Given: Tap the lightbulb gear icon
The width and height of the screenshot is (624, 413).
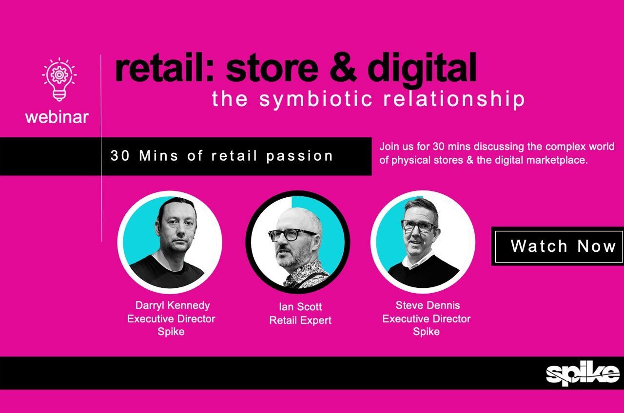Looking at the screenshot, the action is coord(59,79).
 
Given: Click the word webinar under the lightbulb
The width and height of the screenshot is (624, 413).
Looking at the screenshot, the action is coord(57,117).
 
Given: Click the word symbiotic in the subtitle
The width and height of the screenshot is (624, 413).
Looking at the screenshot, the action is coord(316,99).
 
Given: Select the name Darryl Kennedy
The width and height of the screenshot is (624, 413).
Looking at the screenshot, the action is coord(173,305).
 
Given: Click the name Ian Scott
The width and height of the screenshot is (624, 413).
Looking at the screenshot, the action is coord(300,307).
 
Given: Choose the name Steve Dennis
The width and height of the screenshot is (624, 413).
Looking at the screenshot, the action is coord(428,305).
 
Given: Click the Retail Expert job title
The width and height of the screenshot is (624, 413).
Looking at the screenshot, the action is coord(300,320).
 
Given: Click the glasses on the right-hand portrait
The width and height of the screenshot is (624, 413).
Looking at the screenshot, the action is coord(419,226).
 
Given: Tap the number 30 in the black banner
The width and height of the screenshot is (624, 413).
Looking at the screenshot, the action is coord(120,156).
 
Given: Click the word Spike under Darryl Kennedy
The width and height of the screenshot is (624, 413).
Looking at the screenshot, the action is coord(171,332).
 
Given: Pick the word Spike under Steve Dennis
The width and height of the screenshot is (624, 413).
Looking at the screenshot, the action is coord(426,332).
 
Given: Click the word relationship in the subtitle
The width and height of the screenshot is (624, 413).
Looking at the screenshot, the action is coord(454,99).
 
